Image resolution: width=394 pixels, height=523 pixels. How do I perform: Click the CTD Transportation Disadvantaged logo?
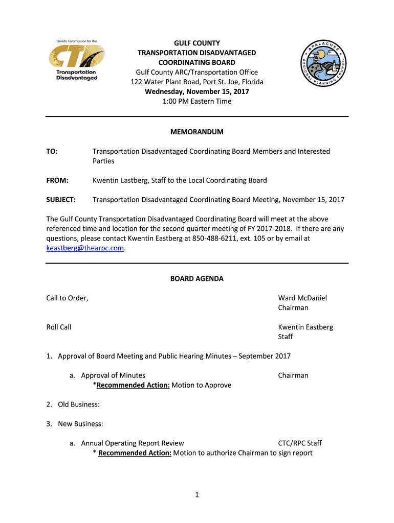click(x=77, y=62)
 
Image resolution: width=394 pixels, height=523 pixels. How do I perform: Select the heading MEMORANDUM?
click(x=197, y=132)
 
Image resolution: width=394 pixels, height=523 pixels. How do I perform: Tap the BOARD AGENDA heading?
click(x=197, y=279)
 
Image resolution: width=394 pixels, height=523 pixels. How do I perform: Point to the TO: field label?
click(x=52, y=151)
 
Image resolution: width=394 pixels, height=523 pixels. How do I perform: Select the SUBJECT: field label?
click(x=61, y=200)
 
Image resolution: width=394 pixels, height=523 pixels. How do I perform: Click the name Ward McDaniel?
click(x=302, y=298)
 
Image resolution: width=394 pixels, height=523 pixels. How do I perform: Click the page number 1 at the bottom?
click(x=197, y=494)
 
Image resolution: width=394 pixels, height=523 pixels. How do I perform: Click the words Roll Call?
click(x=59, y=327)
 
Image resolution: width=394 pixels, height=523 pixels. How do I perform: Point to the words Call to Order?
click(x=67, y=298)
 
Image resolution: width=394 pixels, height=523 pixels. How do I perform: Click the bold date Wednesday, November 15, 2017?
click(x=197, y=91)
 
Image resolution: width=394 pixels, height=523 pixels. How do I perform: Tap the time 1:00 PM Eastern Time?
click(x=197, y=101)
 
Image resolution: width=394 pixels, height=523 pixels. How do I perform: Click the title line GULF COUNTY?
click(x=197, y=43)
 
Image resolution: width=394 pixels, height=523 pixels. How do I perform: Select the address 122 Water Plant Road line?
click(x=197, y=82)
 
